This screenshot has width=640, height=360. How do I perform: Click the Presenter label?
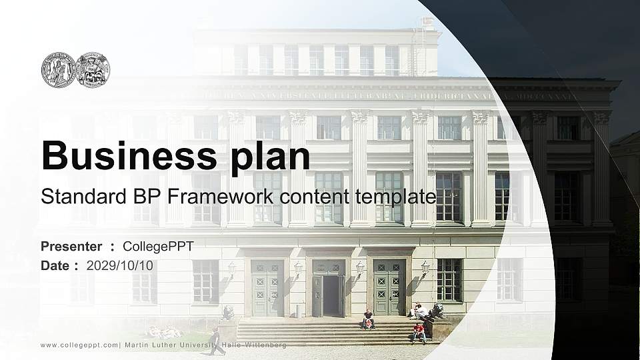[x=71, y=247]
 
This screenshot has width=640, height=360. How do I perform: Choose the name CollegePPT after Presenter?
[x=158, y=247]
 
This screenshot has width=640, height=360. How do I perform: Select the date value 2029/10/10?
[x=120, y=265]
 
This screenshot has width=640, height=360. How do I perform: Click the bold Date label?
[x=56, y=265]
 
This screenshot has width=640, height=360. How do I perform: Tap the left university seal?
[x=59, y=69]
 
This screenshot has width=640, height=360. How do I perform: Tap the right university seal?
[x=93, y=69]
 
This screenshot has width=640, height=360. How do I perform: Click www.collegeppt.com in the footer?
[x=79, y=345]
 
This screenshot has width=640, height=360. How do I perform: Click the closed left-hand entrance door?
[x=267, y=288]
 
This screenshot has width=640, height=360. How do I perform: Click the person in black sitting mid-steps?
[x=367, y=319]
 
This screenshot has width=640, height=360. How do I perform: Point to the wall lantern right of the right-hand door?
[x=425, y=267]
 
